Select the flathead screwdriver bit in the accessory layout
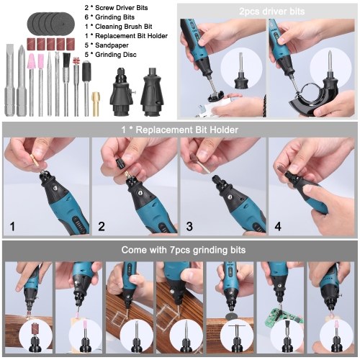point(9,80)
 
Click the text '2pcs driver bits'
point(271,12)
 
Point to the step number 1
point(12,226)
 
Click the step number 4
point(278,226)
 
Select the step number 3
point(189,226)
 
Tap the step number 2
point(102,226)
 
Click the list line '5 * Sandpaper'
point(107,45)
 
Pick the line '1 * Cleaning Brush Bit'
point(118,27)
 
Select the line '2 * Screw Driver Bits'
point(116,8)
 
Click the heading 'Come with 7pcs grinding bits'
point(184,250)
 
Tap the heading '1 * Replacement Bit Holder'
point(180,130)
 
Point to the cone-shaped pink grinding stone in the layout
point(31,62)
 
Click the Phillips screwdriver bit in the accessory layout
point(22,80)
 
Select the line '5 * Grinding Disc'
point(111,55)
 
